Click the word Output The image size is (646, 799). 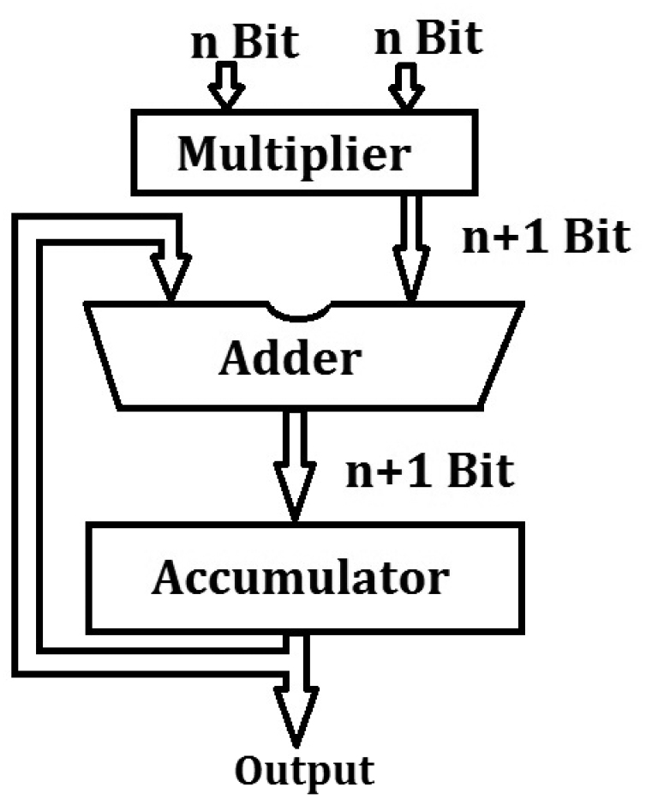(305, 769)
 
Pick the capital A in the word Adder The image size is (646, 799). (236, 360)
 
